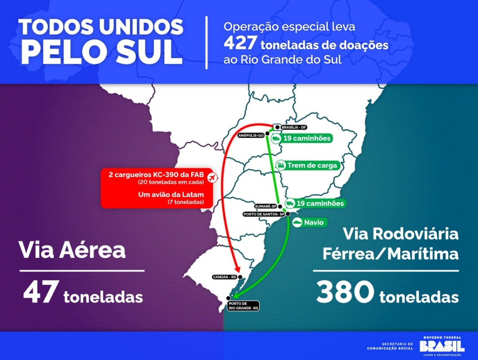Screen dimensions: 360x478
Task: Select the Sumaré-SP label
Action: [266, 207]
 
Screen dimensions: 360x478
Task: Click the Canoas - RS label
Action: [225, 277]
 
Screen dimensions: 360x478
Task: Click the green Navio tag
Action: [309, 222]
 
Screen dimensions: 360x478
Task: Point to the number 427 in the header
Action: [240, 44]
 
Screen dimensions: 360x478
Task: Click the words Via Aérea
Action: [72, 250]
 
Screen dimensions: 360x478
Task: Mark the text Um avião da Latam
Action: [171, 195]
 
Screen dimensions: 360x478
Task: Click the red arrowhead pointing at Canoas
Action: [238, 269]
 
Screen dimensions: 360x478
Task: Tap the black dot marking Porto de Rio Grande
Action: [228, 298]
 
